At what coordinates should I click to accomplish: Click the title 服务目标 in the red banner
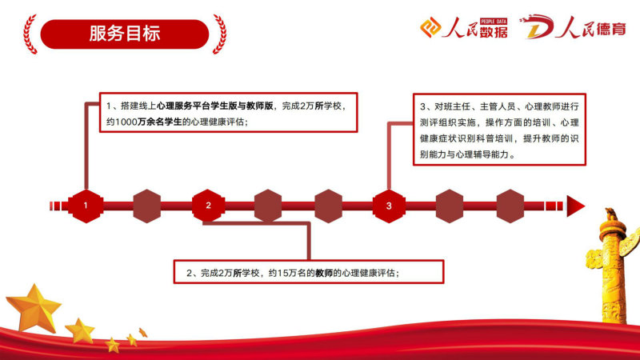125,34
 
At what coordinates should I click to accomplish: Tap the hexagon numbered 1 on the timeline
86,206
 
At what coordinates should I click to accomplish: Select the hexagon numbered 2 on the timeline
208,206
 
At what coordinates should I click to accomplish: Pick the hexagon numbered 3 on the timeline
389,206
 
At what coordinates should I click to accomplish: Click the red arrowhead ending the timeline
574,206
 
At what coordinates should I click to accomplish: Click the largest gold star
34,308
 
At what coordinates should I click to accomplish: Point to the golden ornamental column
612,266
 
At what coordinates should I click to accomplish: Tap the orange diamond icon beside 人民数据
430,27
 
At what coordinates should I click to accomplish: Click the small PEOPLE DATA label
494,22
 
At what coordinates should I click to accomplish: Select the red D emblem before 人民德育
537,27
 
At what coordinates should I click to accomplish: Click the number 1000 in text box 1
126,122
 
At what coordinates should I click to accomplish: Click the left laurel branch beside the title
30,34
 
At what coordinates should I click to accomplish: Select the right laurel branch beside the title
219,34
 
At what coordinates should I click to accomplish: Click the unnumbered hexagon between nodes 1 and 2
147,206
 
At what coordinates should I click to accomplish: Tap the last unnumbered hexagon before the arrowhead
510,206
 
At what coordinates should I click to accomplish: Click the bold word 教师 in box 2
324,273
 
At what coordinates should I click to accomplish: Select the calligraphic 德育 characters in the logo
610,29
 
